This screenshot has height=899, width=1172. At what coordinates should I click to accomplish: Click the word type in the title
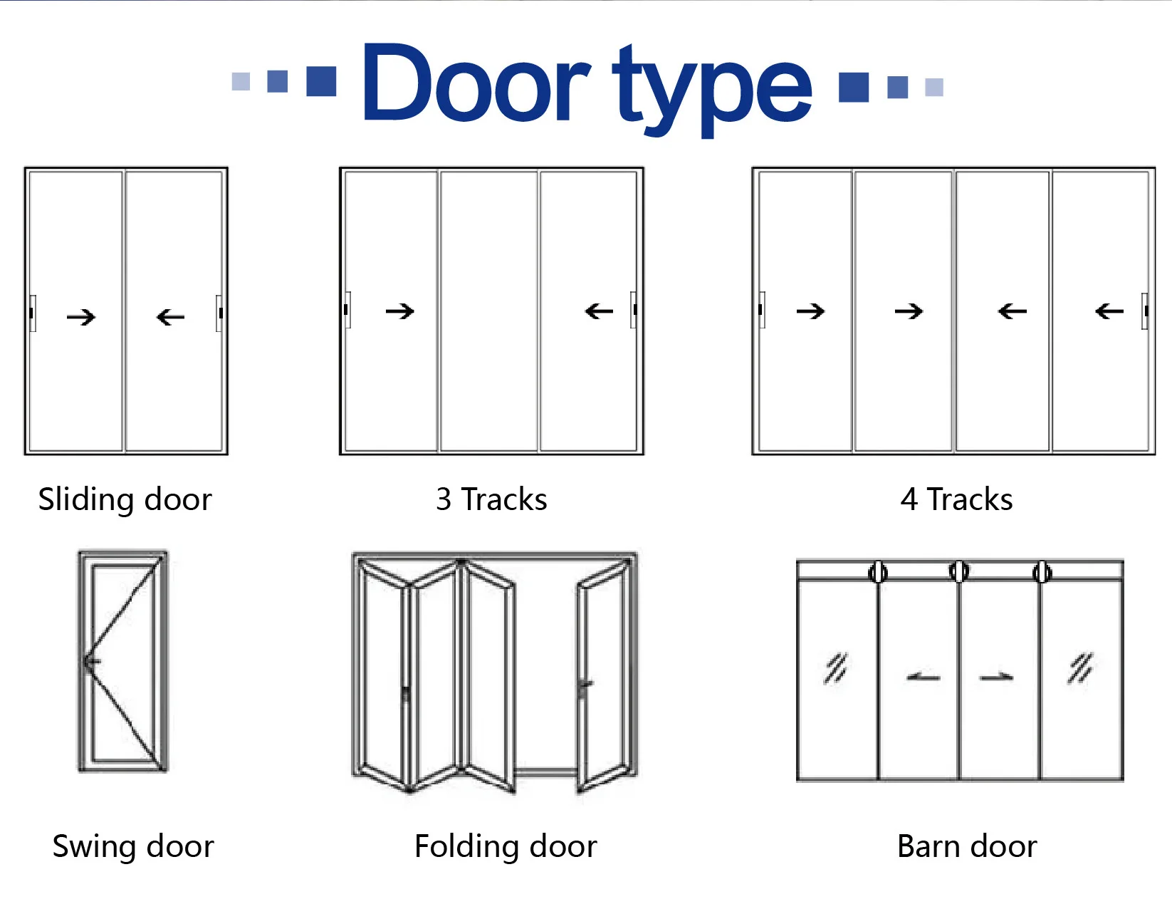711,89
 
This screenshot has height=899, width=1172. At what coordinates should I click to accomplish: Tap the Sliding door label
125,499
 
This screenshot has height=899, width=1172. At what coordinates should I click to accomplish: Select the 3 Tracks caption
491,499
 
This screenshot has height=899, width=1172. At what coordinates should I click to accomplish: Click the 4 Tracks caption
956,499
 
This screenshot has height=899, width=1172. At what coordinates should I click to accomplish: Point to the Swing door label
133,846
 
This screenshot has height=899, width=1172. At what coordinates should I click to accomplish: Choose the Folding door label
506,846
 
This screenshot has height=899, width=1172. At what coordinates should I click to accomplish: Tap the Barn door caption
966,846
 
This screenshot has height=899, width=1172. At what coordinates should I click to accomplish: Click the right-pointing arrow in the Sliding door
81,317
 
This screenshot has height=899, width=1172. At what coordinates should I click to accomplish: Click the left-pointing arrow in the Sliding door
171,317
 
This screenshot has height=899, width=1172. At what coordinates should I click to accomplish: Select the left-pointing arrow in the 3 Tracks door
599,311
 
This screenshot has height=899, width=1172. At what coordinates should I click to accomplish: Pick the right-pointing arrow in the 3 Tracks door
400,311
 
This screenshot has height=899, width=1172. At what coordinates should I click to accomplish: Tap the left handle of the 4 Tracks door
761,310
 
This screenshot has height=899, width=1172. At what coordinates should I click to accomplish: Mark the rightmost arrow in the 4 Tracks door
1109,311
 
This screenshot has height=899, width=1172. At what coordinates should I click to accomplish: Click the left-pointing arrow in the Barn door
924,677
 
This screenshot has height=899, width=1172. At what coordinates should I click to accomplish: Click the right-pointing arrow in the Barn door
996,677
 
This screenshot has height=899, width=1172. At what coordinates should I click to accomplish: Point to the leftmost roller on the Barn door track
878,571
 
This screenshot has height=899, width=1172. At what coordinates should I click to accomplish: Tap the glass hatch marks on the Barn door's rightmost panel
1080,668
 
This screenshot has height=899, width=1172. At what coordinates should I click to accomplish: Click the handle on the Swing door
91,662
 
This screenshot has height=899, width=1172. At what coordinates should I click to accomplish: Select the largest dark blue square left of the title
321,81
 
